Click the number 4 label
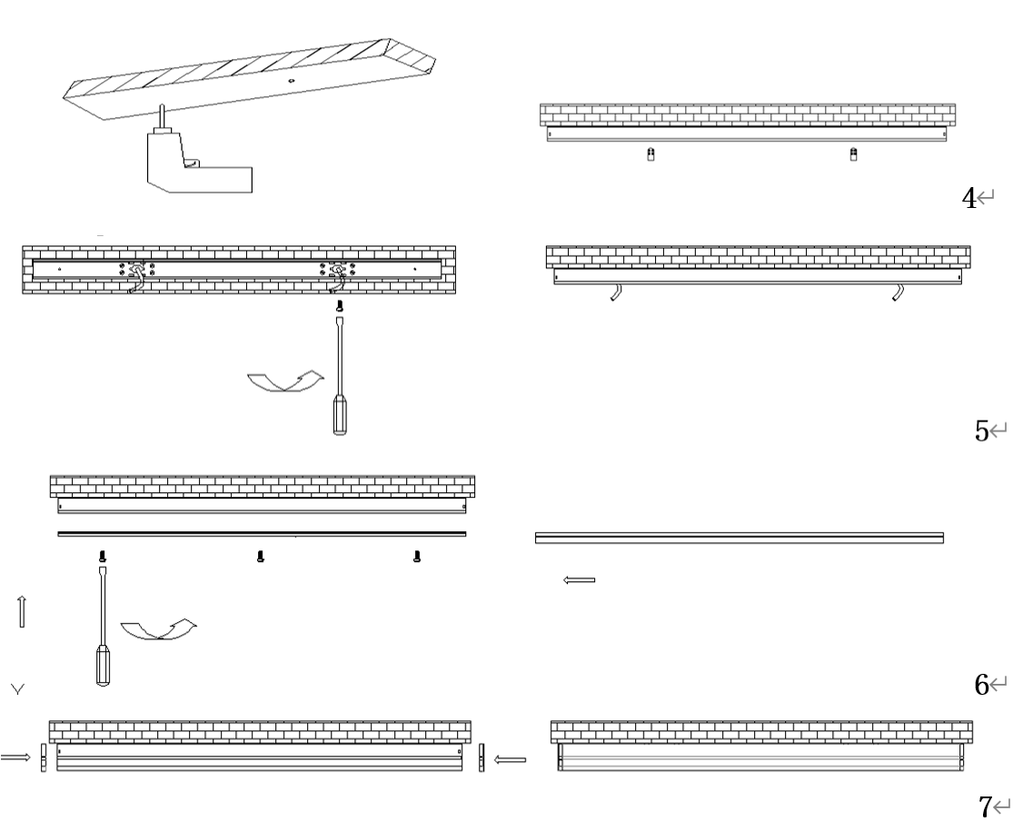pos(969,198)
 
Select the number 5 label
pos(982,431)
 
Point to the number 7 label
pos(986,806)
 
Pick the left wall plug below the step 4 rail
pos(649,154)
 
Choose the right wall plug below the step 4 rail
pos(852,154)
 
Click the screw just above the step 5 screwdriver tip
pos(340,306)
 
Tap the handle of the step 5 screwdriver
pos(340,414)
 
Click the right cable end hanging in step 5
pos(899,293)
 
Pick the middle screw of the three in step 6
pos(261,556)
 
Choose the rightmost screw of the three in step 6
pos(417,556)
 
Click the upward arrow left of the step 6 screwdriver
pos(22,611)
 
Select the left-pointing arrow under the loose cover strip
pos(580,579)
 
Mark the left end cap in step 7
pos(43,757)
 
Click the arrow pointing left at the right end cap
pos(511,758)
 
